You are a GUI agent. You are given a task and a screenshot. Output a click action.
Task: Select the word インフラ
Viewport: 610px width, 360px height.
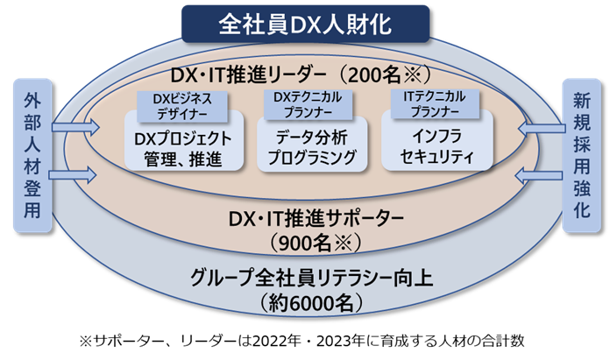[x=435, y=138]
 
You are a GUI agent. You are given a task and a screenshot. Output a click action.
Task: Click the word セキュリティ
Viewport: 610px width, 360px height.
[x=435, y=159]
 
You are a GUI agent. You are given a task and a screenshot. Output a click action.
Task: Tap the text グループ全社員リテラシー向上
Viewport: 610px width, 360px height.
[x=305, y=279]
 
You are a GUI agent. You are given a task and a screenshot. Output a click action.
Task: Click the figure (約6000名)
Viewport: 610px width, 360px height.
[x=305, y=303]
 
